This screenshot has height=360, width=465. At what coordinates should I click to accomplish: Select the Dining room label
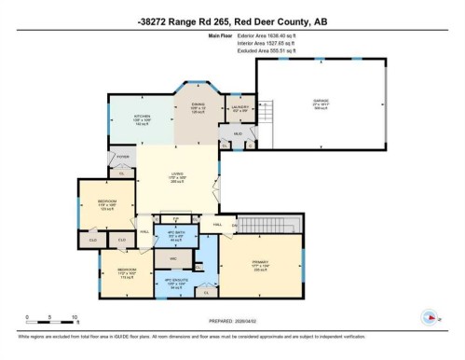pyautogui.click(x=198, y=108)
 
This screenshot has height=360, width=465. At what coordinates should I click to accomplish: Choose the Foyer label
pyautogui.click(x=122, y=159)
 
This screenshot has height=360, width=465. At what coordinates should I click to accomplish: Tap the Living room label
pyautogui.click(x=175, y=178)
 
